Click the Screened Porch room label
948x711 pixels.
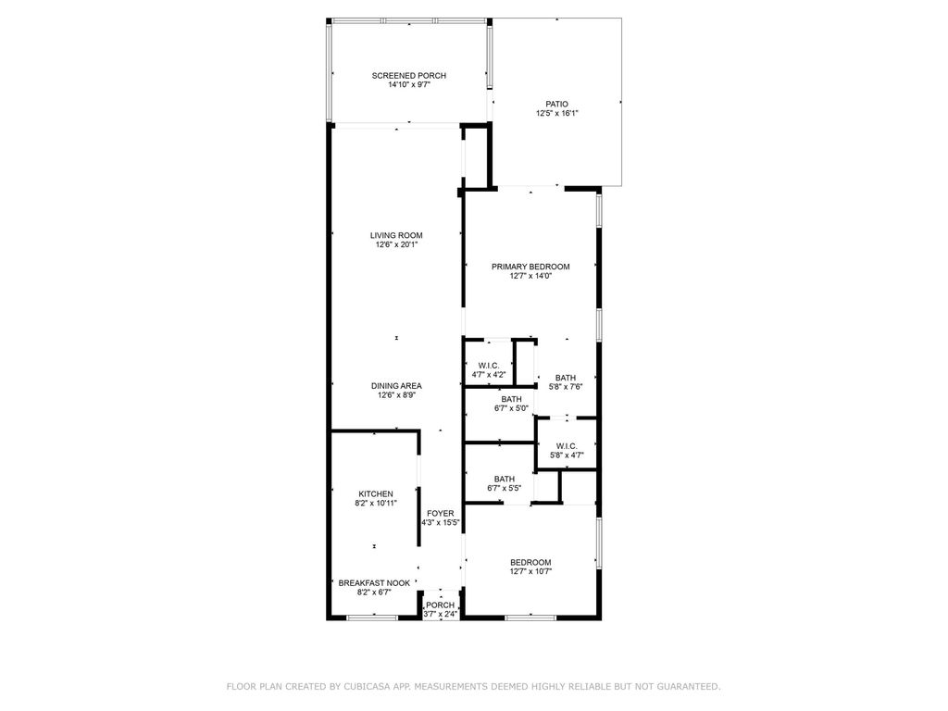coord(409,75)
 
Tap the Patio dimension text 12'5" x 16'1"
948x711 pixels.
coord(556,114)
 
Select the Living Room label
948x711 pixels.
coord(396,235)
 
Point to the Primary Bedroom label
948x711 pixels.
coord(530,267)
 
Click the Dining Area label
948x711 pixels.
coord(396,386)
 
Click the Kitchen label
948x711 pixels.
coord(376,493)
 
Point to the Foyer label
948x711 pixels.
coord(440,513)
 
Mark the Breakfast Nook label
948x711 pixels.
coord(374,583)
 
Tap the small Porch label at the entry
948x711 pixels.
coord(440,605)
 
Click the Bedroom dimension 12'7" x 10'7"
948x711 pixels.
coord(530,571)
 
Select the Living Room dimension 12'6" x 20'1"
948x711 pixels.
coord(396,245)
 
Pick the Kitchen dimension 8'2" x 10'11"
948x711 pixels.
coord(376,504)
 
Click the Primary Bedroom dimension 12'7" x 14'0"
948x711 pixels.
coord(530,276)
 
